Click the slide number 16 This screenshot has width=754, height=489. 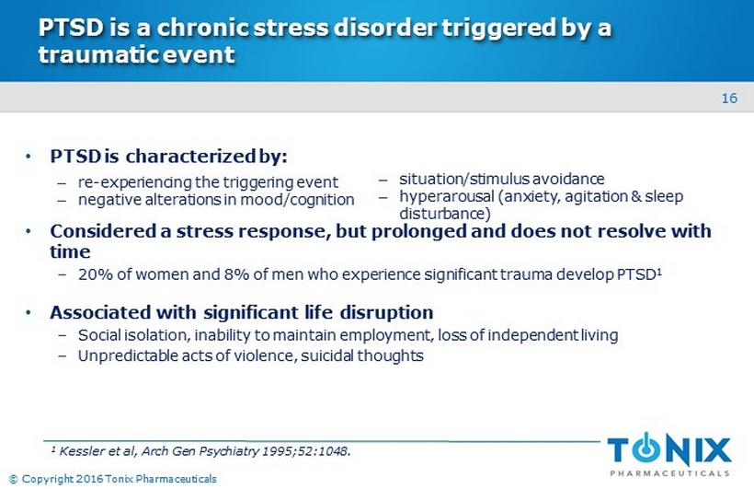pyautogui.click(x=729, y=99)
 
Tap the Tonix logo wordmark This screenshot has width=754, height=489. pyautogui.click(x=668, y=450)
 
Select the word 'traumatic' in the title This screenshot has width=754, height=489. pyautogui.click(x=97, y=54)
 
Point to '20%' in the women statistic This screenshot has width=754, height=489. pyautogui.click(x=96, y=274)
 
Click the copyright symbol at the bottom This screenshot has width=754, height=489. pyautogui.click(x=14, y=479)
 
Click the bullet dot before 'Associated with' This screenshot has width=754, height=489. pyautogui.click(x=29, y=313)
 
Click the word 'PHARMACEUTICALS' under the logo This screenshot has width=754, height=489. pyautogui.click(x=669, y=473)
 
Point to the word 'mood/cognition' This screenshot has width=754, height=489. pyautogui.click(x=297, y=200)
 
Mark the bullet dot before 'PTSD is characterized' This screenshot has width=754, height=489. pyautogui.click(x=29, y=157)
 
